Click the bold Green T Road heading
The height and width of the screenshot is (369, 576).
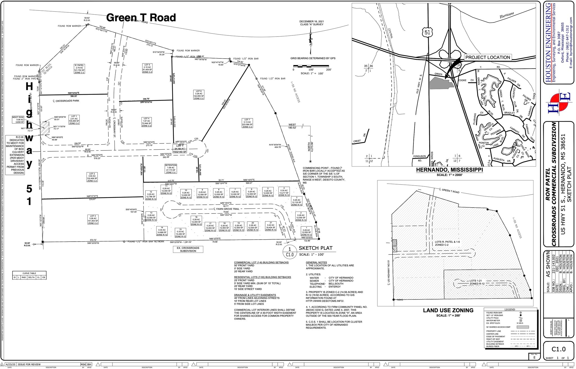[x=141, y=18]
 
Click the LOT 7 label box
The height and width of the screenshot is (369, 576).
[x=247, y=123]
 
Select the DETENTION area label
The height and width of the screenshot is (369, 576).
[x=171, y=169]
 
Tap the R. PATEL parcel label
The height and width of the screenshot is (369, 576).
[x=79, y=69]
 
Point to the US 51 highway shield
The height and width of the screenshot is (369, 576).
[x=427, y=33]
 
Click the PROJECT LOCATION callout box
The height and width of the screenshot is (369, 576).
[x=487, y=57]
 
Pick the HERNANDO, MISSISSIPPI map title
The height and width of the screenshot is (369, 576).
[x=449, y=170]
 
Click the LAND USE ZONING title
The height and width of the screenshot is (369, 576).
[x=448, y=310]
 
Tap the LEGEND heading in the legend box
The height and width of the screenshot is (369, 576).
[x=510, y=310]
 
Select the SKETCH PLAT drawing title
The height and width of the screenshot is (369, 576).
[x=315, y=248]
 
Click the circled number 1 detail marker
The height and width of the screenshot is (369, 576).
[x=290, y=249]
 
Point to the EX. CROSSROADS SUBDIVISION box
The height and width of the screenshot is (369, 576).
[x=188, y=249]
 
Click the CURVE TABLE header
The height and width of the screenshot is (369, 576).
[x=29, y=273]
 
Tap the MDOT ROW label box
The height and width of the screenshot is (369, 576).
[x=18, y=120]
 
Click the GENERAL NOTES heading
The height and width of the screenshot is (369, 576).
[x=316, y=262]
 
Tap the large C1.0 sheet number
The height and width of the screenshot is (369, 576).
[x=558, y=349]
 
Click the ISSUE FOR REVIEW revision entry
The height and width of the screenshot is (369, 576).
[x=29, y=364]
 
